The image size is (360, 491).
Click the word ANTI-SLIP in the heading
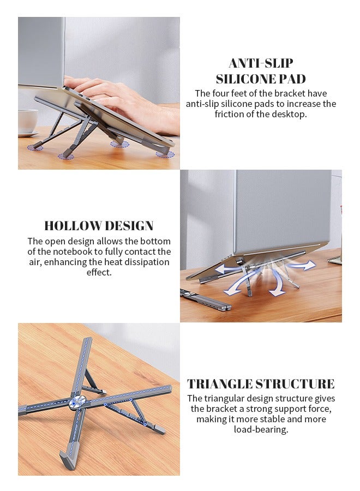[x=261, y=63]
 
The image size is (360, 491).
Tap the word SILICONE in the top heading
[x=243, y=79]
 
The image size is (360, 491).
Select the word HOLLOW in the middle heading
[x=70, y=226]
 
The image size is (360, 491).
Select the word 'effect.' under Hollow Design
[x=99, y=272]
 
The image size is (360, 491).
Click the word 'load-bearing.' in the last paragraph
[x=261, y=429]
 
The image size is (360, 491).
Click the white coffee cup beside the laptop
[x=27, y=121]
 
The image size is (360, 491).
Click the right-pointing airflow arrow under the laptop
[x=303, y=266]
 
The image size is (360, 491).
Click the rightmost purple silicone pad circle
[x=165, y=154]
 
